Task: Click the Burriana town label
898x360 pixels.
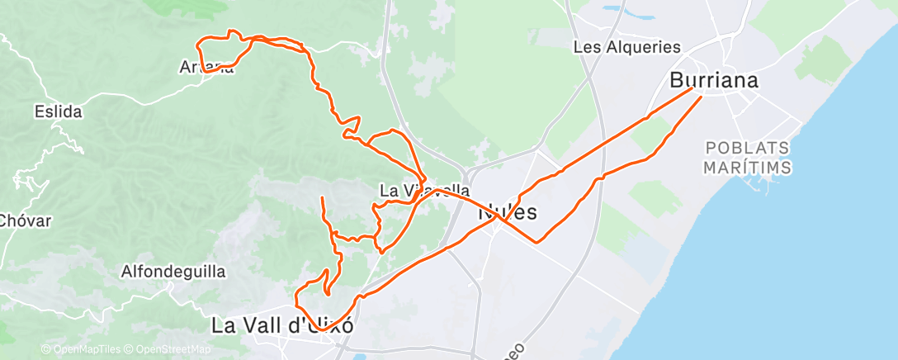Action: coord(714,81)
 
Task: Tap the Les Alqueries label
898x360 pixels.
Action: coord(626,48)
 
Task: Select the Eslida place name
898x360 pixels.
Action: coord(58,111)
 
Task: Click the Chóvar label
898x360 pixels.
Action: coord(26,221)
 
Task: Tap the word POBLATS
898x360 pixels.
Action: coord(749,149)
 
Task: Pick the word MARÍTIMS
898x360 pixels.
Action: coord(749,168)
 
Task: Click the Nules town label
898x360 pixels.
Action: coord(508,212)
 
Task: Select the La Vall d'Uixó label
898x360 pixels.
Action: coord(283,326)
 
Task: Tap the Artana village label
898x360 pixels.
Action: coord(206,68)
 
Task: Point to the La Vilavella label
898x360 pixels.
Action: coord(424,191)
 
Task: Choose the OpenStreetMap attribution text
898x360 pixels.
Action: coord(165,350)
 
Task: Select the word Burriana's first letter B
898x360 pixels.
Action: coord(677,81)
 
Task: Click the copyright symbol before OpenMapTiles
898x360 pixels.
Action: coord(45,350)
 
